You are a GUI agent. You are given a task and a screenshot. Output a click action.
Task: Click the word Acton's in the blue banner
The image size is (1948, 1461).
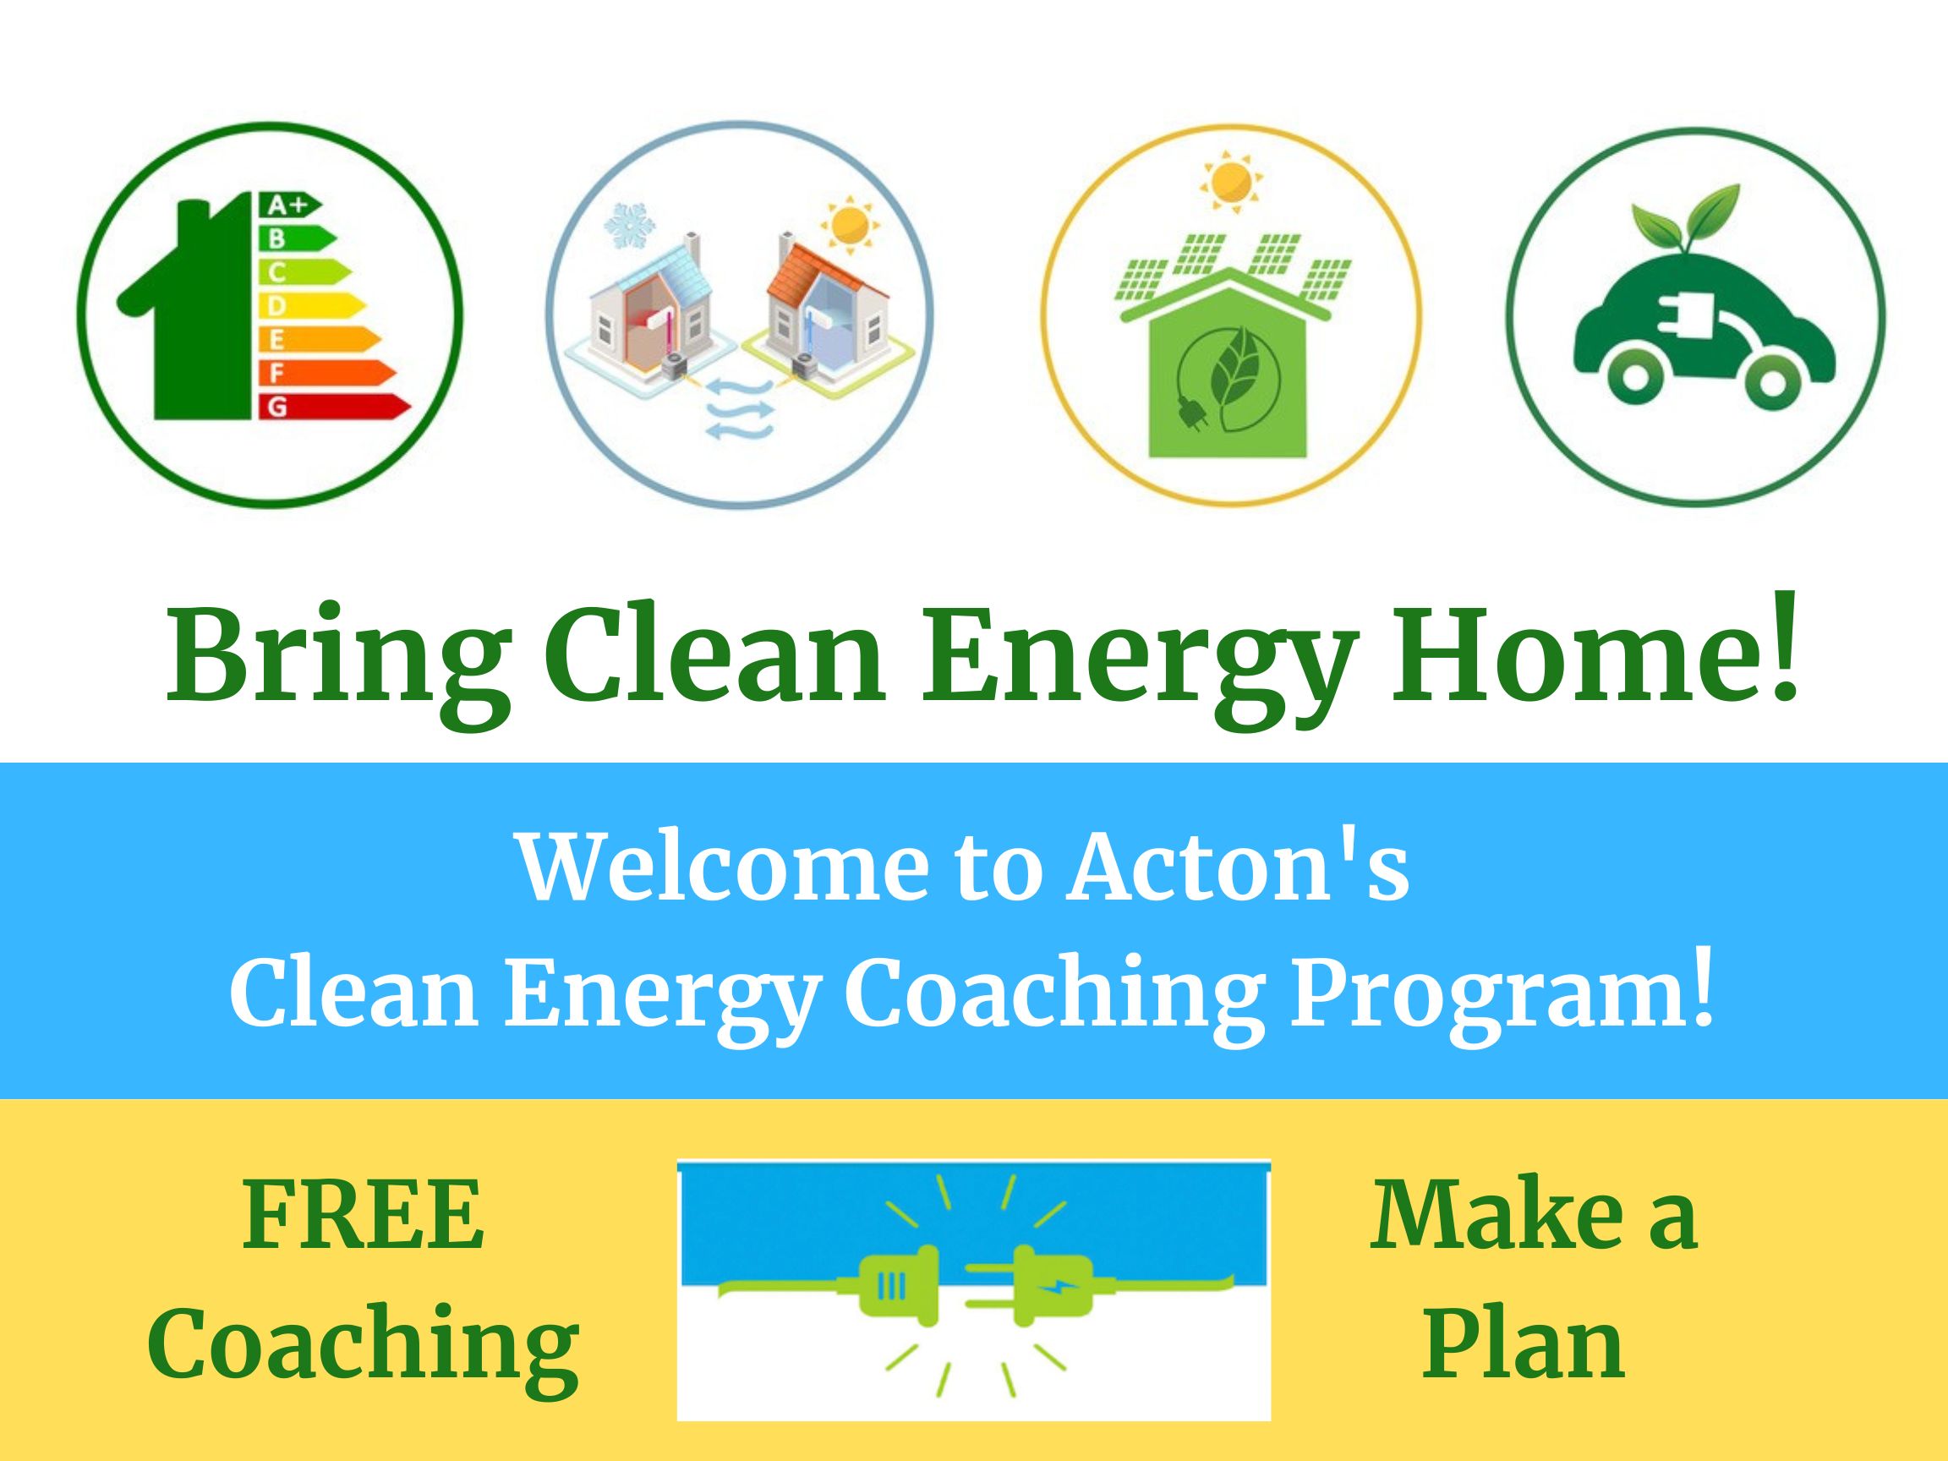(1237, 866)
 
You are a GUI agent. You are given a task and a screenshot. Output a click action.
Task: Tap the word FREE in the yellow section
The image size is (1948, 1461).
(363, 1218)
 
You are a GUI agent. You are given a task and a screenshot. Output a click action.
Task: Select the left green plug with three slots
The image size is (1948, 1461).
(890, 1289)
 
